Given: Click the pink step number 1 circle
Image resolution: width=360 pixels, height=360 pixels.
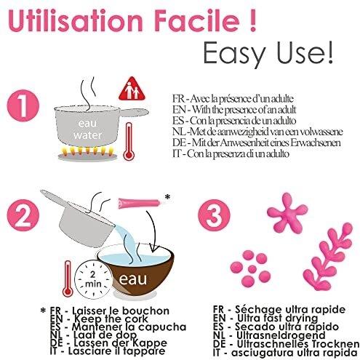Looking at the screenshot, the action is (x=23, y=105).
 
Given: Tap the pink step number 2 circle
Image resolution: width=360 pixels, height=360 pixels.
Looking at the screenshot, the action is (x=23, y=215).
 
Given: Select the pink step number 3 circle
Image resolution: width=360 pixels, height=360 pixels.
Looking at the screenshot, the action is (x=214, y=215).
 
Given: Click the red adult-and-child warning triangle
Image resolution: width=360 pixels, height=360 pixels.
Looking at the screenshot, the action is (x=132, y=89).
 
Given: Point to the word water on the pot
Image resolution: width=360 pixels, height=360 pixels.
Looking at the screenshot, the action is (x=88, y=135).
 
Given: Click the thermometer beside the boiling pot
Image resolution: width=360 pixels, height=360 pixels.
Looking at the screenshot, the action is (x=129, y=141).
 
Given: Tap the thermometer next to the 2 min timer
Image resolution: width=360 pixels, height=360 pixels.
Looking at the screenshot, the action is (x=68, y=279).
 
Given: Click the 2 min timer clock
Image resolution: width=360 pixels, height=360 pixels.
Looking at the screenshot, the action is (x=93, y=279).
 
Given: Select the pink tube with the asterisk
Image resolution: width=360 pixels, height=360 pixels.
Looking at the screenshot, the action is (x=139, y=203).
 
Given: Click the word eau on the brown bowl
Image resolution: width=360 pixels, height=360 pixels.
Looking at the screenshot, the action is (x=133, y=279).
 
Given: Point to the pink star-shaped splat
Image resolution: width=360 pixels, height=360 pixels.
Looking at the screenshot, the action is (x=287, y=212).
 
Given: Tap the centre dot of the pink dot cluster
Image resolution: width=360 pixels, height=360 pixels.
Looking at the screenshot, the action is (x=252, y=269).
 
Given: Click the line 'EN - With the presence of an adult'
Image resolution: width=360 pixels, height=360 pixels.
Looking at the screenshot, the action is (x=234, y=110).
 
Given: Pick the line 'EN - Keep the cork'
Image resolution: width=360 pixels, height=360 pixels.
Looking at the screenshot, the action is (x=99, y=319).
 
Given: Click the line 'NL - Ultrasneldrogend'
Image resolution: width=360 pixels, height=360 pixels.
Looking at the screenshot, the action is (x=269, y=335).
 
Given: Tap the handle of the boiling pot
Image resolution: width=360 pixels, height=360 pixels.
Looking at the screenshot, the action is (x=134, y=112).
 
